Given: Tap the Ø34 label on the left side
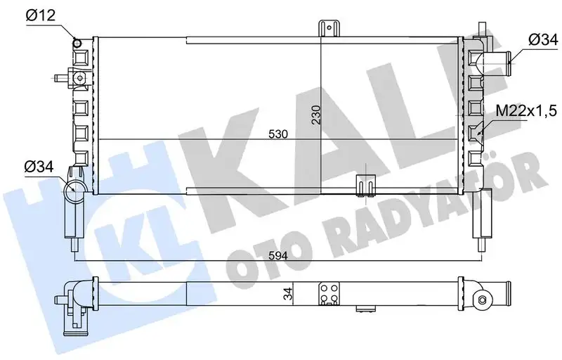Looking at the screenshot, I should (x=39, y=167).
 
